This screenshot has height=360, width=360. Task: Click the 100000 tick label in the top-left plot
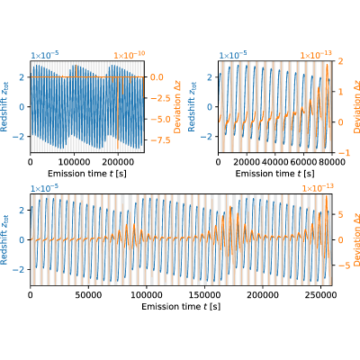coord(75,162)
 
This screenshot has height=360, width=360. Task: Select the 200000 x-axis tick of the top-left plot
coord(118,162)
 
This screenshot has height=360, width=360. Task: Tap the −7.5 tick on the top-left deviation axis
coord(160,140)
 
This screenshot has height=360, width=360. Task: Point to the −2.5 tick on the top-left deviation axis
coord(160,98)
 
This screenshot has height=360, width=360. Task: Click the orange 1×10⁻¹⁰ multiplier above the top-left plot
coord(130,55)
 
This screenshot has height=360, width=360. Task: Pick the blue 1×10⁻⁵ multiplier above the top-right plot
coord(233,55)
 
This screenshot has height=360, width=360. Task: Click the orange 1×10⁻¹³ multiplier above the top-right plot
coord(316,55)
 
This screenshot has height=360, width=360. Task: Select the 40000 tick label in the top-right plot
coord(274,162)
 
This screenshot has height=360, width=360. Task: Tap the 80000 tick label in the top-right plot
coord(332,162)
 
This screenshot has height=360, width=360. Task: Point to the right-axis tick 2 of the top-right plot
coord(340,61)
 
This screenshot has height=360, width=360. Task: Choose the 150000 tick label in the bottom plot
coord(204,295)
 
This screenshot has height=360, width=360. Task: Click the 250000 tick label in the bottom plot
coord(320,295)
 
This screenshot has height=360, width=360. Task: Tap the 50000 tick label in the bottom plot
coord(88,295)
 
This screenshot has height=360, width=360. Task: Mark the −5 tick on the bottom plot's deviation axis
coord(344,265)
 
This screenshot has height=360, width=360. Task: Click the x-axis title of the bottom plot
coord(181,307)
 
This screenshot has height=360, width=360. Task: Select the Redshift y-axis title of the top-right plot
coord(192,107)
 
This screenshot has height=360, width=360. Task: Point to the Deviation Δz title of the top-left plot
coord(177,107)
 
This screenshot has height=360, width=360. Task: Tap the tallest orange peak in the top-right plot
coord(327,65)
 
